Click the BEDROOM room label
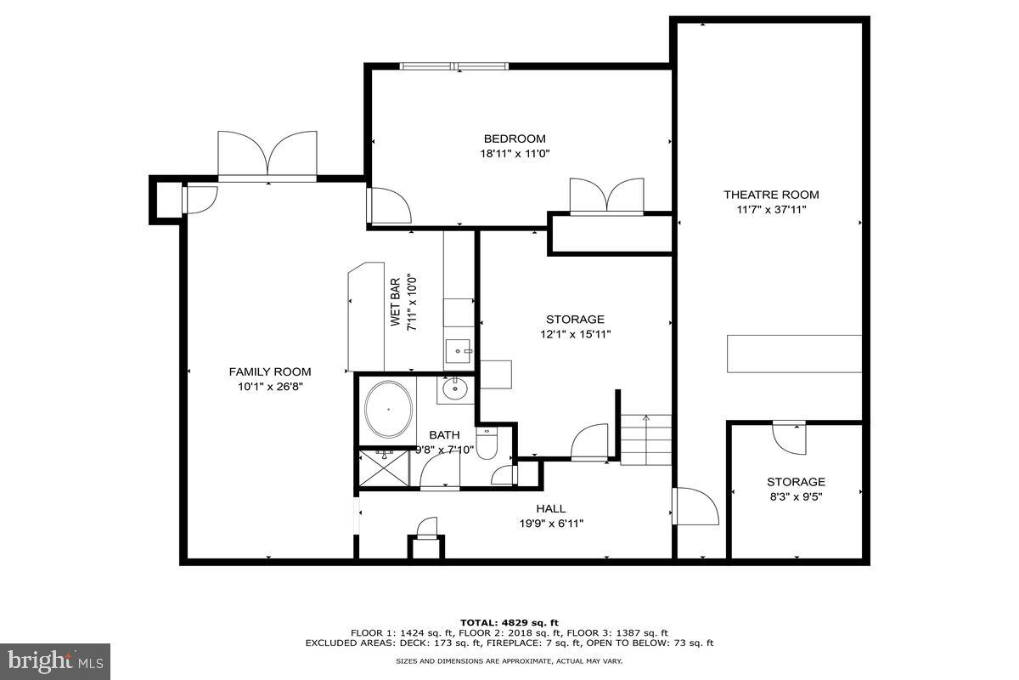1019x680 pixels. coord(515,139)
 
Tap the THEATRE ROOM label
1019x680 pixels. coord(771,195)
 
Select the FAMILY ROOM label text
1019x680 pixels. coord(270,371)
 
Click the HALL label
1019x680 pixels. coord(550,509)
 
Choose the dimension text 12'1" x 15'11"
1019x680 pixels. coord(576,334)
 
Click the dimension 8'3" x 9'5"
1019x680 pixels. coord(796,496)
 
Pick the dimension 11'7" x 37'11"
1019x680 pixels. coord(771,209)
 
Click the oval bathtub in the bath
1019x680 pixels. coord(389,410)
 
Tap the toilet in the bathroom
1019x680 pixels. coord(487,445)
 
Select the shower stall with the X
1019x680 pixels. coord(383,468)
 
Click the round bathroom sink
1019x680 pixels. coord(455,389)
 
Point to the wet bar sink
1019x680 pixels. coord(459,348)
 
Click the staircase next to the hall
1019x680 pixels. coord(645,439)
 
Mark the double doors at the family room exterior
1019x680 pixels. coord(267,156)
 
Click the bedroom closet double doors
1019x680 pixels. coord(606,195)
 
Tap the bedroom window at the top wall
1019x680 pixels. coord(454,65)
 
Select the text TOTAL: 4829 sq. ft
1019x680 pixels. coord(509,622)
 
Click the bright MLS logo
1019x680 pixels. coord(55,660)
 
